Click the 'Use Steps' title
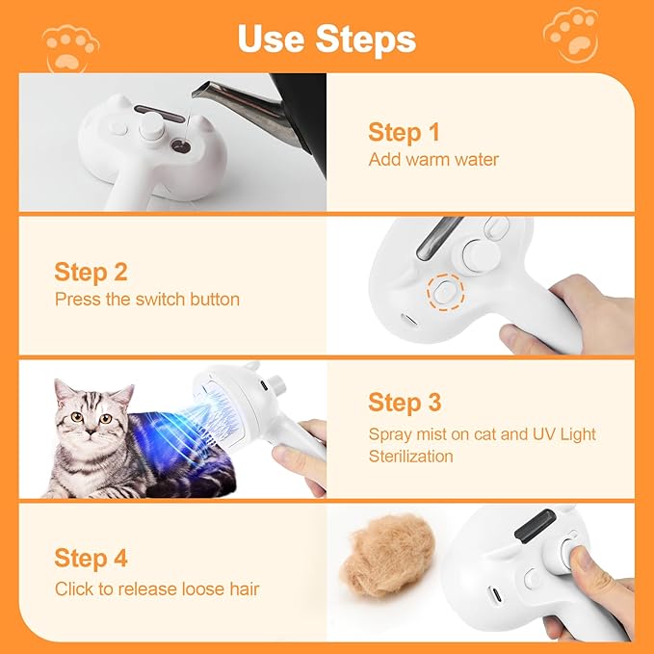[x=327, y=39]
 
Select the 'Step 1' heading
[x=403, y=132]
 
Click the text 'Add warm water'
[x=433, y=159]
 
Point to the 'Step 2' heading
[x=91, y=272]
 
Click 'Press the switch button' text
[x=146, y=300]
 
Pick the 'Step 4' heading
[x=91, y=558]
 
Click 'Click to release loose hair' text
[x=156, y=589]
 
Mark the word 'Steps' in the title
[x=365, y=39]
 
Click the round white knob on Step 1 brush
[x=149, y=126]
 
